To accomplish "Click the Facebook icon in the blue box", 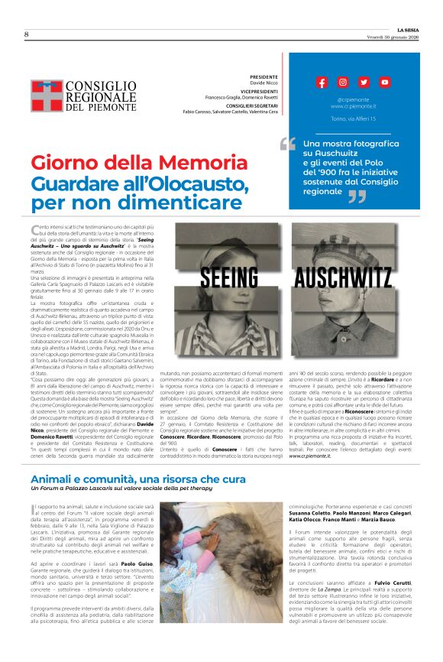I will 322,83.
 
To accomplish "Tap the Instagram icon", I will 343,83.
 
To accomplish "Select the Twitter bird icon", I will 364,83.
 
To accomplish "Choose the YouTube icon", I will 384,83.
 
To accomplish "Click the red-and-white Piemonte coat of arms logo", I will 46,97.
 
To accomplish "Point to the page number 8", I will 26,34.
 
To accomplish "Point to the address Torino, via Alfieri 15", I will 354,119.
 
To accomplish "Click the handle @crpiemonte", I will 353,100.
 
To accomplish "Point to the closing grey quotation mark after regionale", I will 357,197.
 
